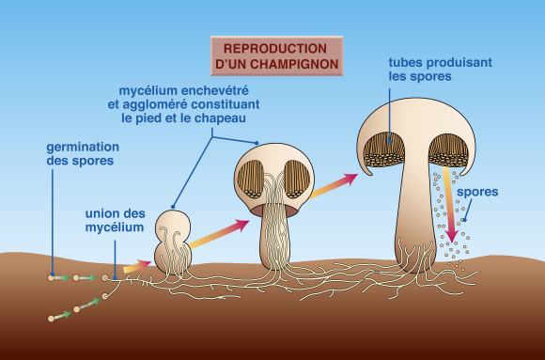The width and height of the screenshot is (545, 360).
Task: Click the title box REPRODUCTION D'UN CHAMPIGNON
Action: (276, 55)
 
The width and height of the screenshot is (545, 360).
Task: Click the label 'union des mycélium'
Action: (115, 220)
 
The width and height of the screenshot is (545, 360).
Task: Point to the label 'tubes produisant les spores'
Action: (440, 69)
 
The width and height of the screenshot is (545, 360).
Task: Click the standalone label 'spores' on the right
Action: (477, 193)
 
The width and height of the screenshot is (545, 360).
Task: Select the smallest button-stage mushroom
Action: (174, 243)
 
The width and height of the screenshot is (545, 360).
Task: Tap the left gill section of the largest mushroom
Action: (383, 150)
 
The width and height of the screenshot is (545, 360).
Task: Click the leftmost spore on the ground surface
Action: (52, 277)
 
